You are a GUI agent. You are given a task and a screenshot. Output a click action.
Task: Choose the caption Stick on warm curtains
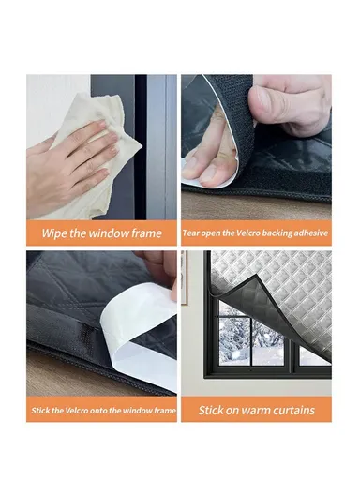pyautogui.click(x=256, y=410)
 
